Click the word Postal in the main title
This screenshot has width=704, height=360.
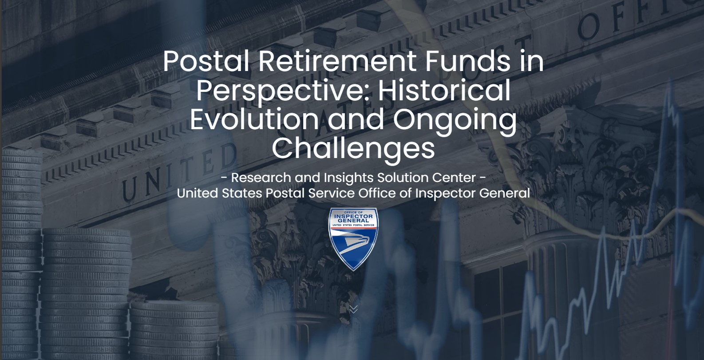pos(206,61)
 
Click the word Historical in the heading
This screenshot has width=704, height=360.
pos(444,90)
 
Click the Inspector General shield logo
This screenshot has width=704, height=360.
pos(353,239)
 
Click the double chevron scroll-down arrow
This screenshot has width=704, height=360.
pos(353,309)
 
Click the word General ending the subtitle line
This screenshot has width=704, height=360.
pos(504,193)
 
